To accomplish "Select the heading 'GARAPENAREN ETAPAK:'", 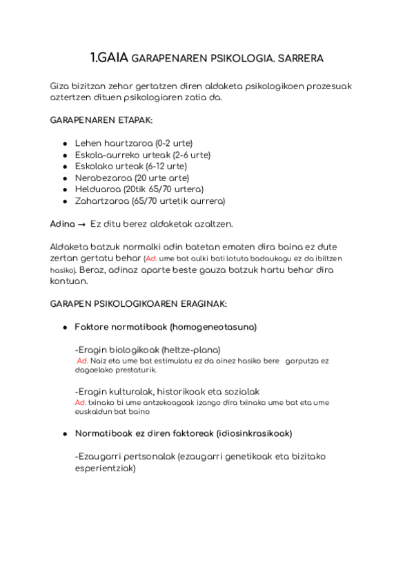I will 101,120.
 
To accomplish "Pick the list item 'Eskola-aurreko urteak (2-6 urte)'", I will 143,155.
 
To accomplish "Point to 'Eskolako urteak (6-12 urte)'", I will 131,166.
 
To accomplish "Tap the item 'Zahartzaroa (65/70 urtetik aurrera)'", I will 150,200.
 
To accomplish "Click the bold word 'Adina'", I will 63,224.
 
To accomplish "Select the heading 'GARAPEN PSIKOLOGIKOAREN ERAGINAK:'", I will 139,304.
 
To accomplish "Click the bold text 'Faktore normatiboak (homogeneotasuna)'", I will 166,327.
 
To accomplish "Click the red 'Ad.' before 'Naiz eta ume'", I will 81,361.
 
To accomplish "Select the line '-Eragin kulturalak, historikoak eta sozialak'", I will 167,391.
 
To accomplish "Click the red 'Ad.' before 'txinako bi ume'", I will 80,402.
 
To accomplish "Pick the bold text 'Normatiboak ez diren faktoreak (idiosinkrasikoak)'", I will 183,433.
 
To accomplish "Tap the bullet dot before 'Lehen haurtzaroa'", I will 65,144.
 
